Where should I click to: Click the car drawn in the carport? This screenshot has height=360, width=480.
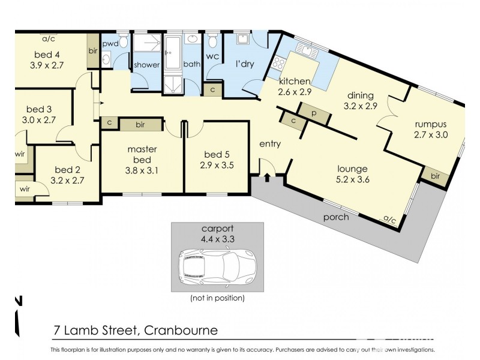tap(217, 264)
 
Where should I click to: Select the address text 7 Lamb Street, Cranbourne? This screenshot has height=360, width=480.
tap(135, 331)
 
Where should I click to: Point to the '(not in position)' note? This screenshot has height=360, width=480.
tap(217, 298)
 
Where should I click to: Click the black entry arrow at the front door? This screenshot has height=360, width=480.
tap(267, 176)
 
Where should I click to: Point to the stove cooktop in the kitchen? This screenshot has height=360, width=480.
tap(279, 62)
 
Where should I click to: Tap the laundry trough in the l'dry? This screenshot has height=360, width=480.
tap(243, 40)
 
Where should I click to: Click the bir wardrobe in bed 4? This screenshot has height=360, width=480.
tap(93, 51)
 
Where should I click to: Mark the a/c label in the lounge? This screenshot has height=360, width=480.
tap(390, 221)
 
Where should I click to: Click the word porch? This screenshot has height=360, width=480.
tap(335, 217)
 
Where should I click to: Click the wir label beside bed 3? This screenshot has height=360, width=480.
tap(20, 154)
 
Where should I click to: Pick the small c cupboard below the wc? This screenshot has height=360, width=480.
tap(212, 89)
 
